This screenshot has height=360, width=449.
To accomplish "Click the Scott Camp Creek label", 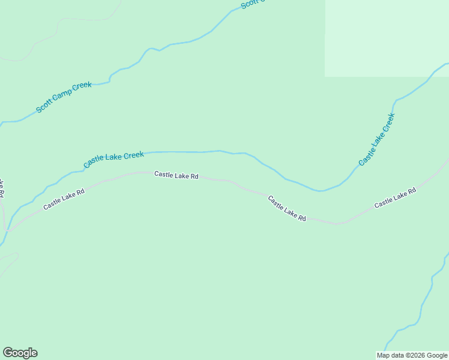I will click(x=64, y=97).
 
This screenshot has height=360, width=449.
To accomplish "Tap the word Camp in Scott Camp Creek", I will click(x=64, y=97).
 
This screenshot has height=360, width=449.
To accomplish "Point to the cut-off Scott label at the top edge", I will click(x=252, y=4).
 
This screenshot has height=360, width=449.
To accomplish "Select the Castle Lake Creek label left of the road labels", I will click(x=113, y=159).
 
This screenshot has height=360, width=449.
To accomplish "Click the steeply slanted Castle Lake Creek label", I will click(x=376, y=139).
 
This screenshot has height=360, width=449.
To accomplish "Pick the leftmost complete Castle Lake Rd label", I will click(x=64, y=199).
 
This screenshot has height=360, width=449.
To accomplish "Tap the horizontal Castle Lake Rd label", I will click(x=176, y=175).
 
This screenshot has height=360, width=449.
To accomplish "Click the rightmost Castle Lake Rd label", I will click(x=395, y=199).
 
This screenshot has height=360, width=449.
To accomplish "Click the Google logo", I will click(x=20, y=353).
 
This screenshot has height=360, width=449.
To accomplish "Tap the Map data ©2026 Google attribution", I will click(x=412, y=355).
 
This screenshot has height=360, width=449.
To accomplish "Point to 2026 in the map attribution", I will click(x=415, y=355).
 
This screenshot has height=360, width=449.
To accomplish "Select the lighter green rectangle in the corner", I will click(x=387, y=37).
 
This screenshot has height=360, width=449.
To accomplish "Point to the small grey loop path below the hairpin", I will click(x=11, y=259).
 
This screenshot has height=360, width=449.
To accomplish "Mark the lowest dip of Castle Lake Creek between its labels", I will click(x=322, y=191).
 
